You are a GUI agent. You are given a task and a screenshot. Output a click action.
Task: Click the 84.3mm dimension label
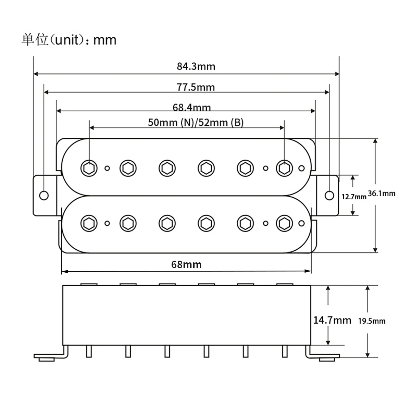tap(196, 66)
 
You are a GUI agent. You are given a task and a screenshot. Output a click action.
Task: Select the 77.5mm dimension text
tap(196, 87)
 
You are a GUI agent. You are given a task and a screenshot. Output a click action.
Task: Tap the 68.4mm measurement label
tap(191, 108)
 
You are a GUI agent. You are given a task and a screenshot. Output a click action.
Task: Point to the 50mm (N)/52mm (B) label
tap(196, 122)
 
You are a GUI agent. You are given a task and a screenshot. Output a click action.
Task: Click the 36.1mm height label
tap(382, 194)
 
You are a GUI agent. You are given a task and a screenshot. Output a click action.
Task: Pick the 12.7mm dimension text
tap(354, 197)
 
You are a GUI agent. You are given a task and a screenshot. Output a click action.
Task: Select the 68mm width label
tap(186, 264)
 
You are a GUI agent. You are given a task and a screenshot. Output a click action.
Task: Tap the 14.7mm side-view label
tap(332, 320)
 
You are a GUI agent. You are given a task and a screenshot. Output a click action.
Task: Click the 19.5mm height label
tap(372, 321)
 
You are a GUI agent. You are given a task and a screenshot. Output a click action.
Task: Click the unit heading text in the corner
tap(69, 40)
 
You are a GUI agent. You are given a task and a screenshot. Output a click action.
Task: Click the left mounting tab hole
tap(44, 195)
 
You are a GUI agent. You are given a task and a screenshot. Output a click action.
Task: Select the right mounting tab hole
tap(329, 195)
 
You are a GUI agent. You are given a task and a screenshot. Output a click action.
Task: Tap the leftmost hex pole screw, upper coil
tap(89, 168)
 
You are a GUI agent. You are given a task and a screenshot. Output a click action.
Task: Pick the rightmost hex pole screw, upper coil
tap(284, 168)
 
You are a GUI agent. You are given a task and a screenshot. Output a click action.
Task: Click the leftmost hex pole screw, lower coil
tap(89, 223)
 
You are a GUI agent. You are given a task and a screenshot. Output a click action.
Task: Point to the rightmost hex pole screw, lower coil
tap(284, 223)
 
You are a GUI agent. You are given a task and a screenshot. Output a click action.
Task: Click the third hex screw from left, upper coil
tap(167, 168)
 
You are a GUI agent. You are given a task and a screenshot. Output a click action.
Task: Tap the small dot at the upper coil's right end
tap(301, 168)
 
